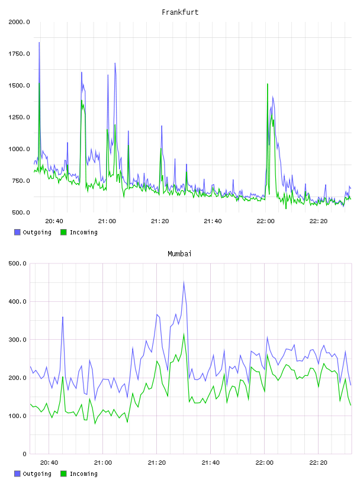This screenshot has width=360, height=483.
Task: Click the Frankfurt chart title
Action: click(x=180, y=12)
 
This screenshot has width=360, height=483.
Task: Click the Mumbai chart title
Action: click(x=179, y=254)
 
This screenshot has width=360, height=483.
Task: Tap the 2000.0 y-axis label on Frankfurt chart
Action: click(x=19, y=22)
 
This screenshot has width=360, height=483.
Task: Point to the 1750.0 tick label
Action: click(x=19, y=54)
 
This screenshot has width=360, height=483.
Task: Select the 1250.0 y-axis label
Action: click(x=19, y=117)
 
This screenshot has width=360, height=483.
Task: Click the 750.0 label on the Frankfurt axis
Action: click(x=21, y=181)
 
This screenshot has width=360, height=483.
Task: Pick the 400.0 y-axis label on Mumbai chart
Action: click(x=17, y=301)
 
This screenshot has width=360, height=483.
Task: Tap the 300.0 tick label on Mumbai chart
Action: click(x=17, y=340)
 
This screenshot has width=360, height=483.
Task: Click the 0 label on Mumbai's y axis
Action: click(x=24, y=454)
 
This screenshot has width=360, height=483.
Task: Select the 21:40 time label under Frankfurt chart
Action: click(x=213, y=221)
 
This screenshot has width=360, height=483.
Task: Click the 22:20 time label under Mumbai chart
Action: click(x=318, y=463)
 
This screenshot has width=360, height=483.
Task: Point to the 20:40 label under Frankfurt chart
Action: click(x=54, y=221)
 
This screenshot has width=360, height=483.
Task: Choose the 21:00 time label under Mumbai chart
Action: click(x=103, y=463)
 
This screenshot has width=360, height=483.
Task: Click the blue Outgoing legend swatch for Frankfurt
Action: click(x=17, y=232)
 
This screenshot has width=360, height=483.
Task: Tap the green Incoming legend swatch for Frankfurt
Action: click(x=63, y=232)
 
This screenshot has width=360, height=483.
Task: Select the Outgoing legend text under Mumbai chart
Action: click(x=37, y=474)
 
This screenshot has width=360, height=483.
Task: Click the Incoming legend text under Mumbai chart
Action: click(x=83, y=474)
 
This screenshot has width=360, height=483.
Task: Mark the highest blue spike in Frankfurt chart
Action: click(x=39, y=43)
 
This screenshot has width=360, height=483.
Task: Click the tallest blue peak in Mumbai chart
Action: click(x=184, y=282)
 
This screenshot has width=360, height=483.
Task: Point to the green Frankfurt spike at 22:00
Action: click(x=267, y=84)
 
